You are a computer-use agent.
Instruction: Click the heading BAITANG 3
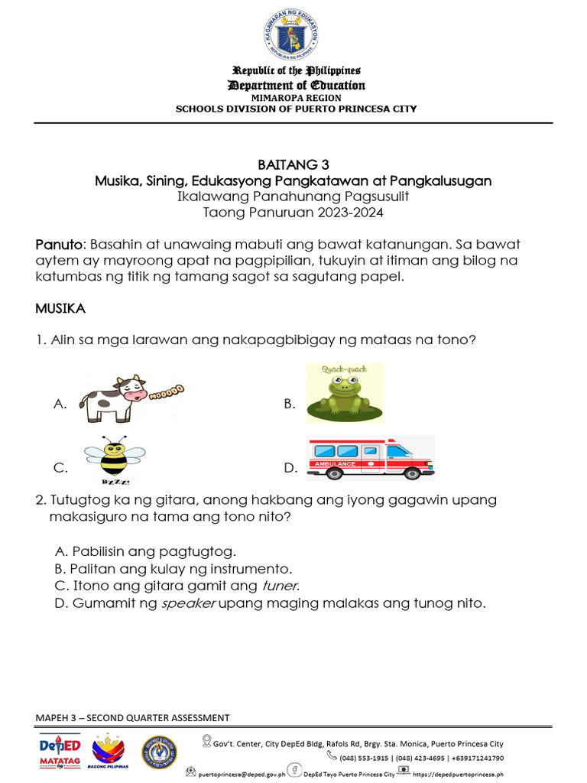click(x=293, y=164)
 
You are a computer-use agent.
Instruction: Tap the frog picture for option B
click(x=344, y=394)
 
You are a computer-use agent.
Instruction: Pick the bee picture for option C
click(x=115, y=460)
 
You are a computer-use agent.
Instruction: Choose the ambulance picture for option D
click(x=370, y=457)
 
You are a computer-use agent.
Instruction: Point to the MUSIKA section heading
click(x=60, y=309)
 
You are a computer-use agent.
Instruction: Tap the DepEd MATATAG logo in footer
click(x=59, y=752)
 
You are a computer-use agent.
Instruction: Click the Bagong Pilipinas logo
click(x=109, y=752)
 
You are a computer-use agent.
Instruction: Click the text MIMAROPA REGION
click(x=296, y=98)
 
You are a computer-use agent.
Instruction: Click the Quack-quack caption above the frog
click(x=344, y=371)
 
